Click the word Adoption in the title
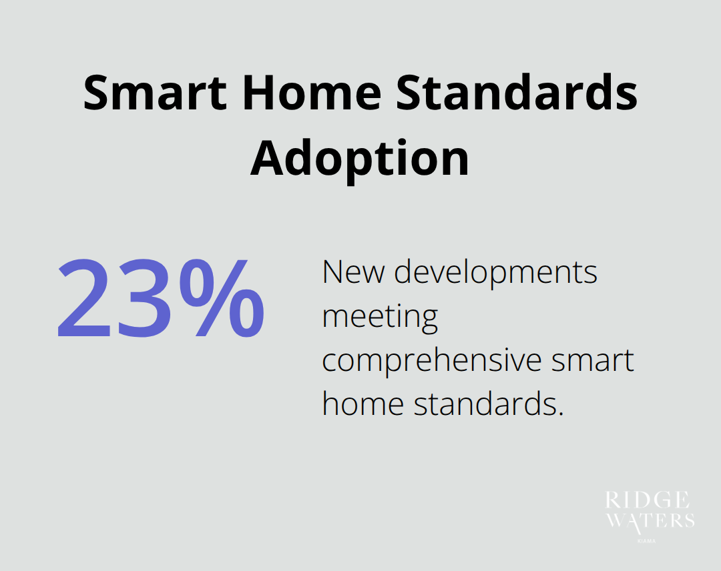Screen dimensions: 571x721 tap(360, 159)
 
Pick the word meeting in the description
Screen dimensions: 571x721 tap(380, 318)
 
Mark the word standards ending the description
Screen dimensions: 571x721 tap(483, 404)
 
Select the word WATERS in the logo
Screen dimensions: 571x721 tap(650, 522)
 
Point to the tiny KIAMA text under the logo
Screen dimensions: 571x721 tap(647, 541)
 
